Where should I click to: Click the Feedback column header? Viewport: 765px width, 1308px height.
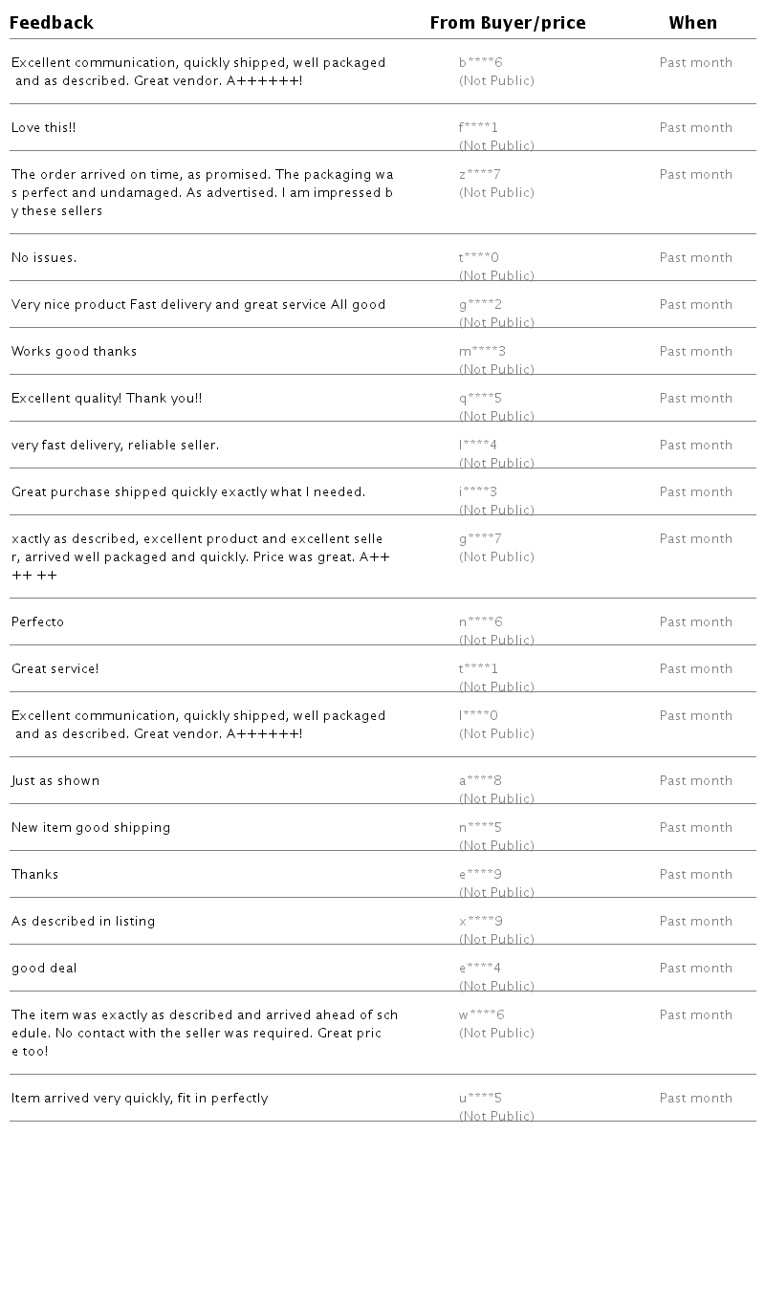(52, 23)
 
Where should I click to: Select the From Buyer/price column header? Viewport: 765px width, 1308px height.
(508, 23)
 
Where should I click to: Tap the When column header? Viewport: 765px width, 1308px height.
(692, 23)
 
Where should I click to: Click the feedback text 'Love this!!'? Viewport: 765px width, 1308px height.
(43, 128)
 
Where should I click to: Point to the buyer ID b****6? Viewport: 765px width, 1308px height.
(480, 63)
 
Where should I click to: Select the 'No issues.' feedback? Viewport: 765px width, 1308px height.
(44, 258)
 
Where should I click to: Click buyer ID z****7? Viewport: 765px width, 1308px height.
(480, 175)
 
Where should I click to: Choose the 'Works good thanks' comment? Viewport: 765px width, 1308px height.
(74, 352)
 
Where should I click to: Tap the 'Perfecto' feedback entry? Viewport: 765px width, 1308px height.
(37, 622)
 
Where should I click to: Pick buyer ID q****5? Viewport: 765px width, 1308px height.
(480, 399)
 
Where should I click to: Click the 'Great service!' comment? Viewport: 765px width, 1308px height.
(55, 669)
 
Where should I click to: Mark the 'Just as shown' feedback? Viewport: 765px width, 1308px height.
(55, 781)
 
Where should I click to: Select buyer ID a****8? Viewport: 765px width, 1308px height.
(480, 781)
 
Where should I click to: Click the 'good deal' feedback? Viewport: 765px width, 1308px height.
(44, 969)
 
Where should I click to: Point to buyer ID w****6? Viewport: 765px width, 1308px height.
(481, 1015)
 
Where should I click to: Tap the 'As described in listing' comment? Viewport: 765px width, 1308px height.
(83, 922)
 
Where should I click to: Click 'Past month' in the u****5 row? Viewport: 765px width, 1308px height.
(695, 1099)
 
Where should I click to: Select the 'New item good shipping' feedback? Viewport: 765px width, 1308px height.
(91, 828)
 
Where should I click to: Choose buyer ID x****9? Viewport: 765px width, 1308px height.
(480, 922)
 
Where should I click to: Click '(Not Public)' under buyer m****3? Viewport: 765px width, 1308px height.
(496, 370)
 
